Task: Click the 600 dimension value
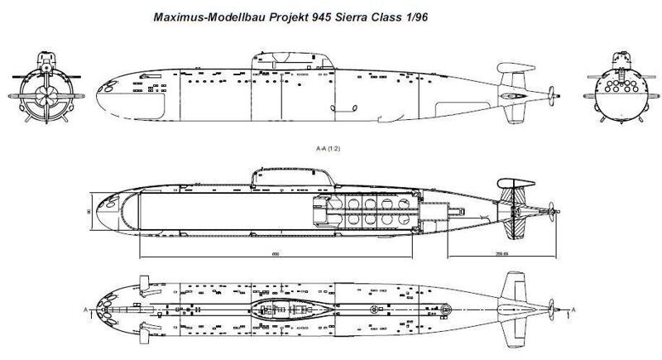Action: point(274,254)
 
